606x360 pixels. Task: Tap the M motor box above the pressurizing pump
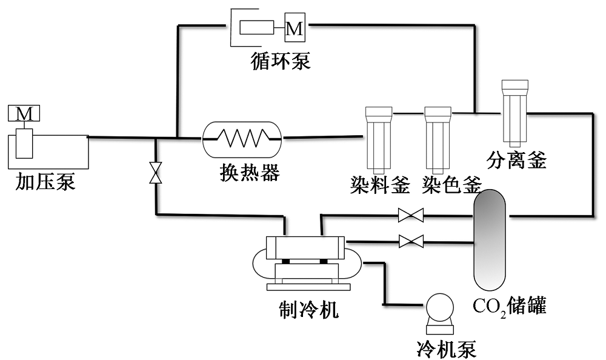24,113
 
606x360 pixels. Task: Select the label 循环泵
281,61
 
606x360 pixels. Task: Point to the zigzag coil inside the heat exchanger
242,138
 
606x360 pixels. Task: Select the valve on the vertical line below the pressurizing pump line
156,173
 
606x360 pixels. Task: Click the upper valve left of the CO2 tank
410,215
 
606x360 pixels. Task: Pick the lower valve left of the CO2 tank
411,242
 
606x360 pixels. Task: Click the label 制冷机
305,310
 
